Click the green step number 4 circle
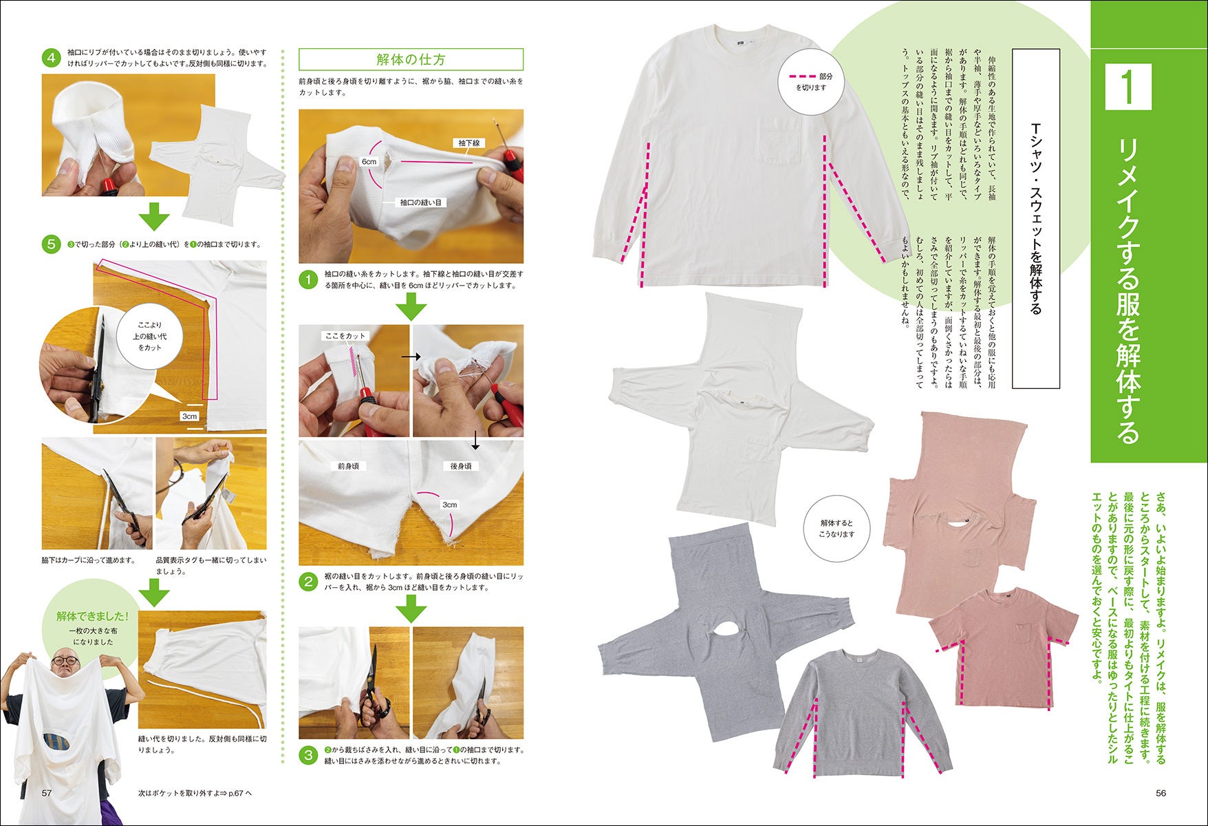point(51,58)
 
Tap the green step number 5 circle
point(51,244)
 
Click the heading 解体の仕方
point(411,59)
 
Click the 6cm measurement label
point(369,162)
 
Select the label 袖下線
point(469,143)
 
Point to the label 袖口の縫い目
point(421,202)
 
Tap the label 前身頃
point(348,466)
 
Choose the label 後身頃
point(461,466)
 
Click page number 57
point(47,793)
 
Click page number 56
point(1161,793)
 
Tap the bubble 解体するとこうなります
point(837,529)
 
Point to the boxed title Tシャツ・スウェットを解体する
point(1036,219)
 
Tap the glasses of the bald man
point(65,660)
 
